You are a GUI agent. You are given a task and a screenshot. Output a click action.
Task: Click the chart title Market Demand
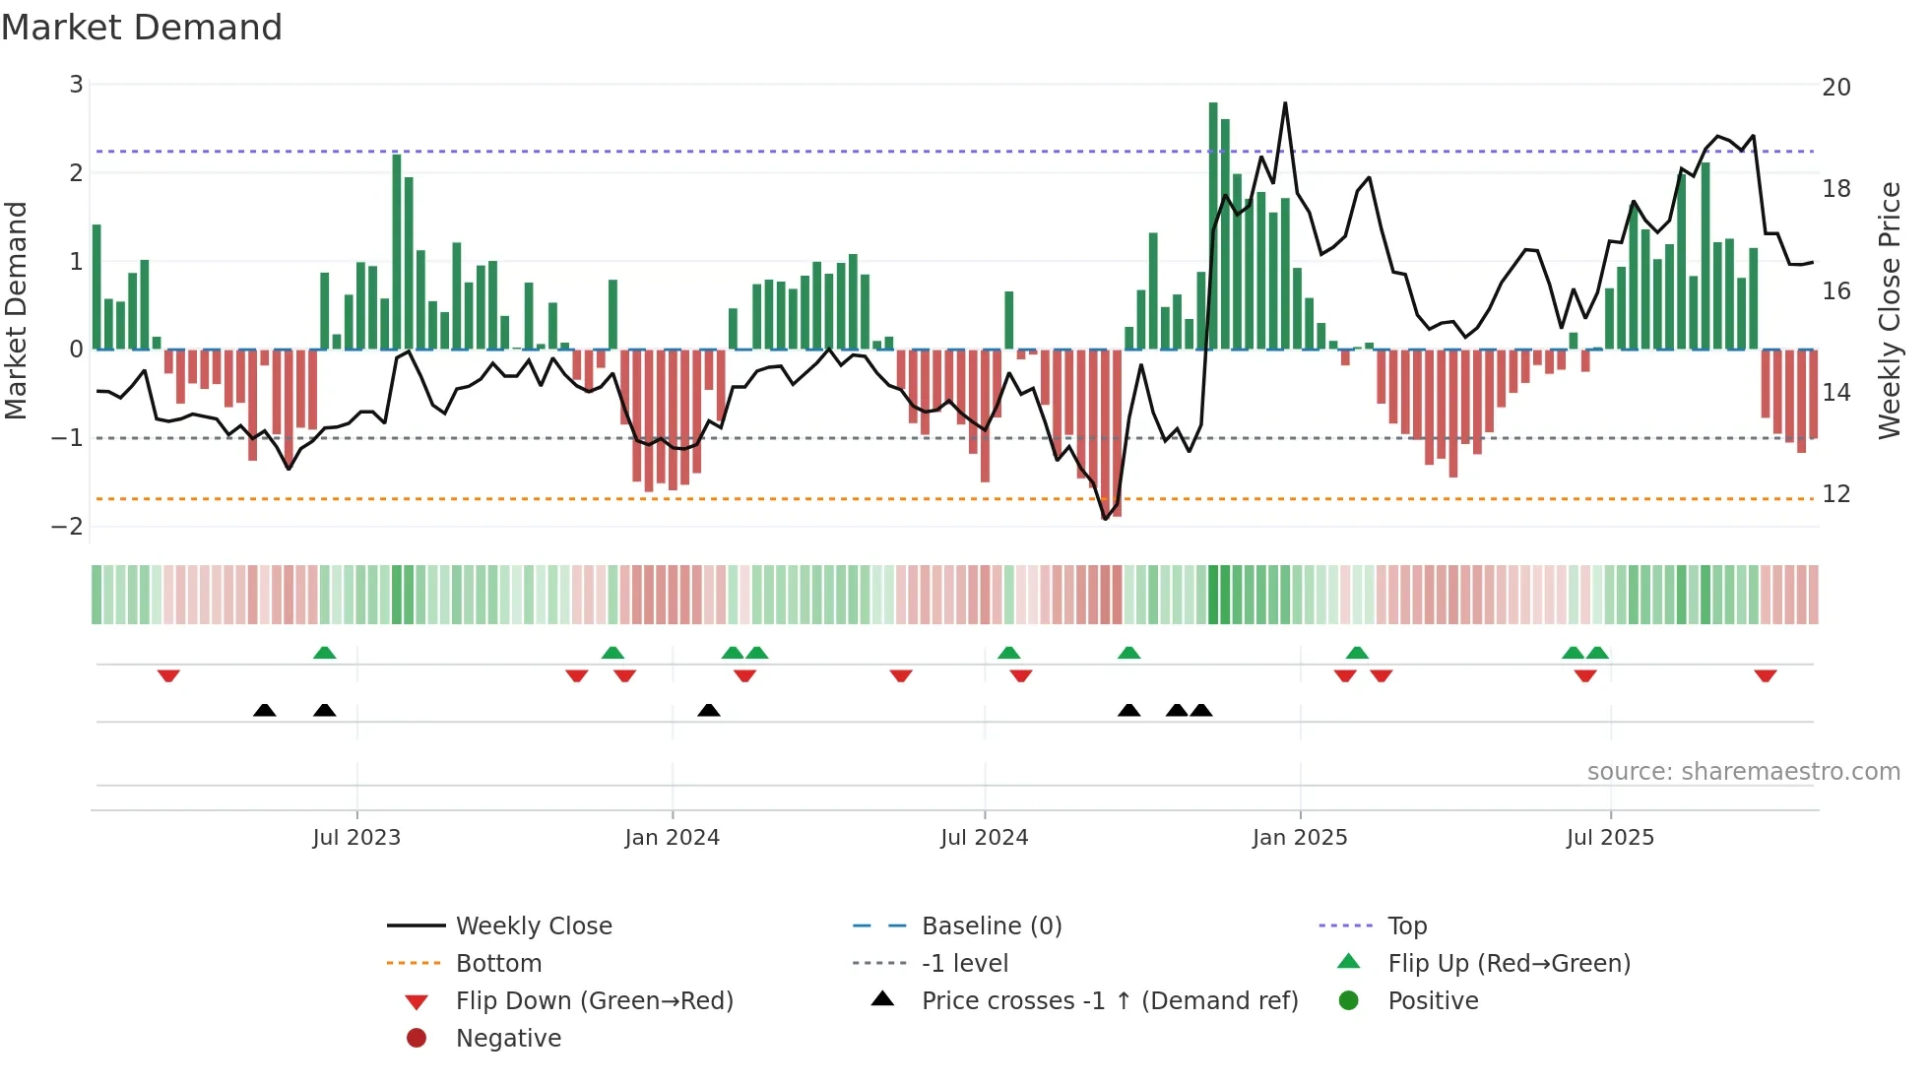click(x=142, y=28)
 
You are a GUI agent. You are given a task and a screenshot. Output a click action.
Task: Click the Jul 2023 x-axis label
click(x=356, y=838)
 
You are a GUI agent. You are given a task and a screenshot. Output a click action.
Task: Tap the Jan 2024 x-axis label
click(x=672, y=838)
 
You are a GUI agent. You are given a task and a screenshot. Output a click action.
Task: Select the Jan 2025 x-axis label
click(x=1299, y=838)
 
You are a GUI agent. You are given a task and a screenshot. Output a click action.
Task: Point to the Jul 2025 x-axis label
click(x=1610, y=838)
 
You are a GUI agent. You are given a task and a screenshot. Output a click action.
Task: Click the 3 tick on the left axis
click(x=76, y=85)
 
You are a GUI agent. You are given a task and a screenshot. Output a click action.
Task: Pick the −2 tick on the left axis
click(x=67, y=527)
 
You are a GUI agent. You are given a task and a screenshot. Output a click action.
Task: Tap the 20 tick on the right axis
click(x=1835, y=88)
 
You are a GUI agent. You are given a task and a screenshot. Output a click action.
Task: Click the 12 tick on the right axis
click(x=1835, y=494)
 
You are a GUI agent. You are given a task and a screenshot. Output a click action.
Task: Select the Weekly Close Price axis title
click(x=1889, y=310)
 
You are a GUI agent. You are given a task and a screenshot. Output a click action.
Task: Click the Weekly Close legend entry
click(x=533, y=926)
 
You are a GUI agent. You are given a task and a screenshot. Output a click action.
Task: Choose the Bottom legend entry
click(x=498, y=964)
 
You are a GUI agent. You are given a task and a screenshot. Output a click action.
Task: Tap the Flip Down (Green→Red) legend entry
click(x=594, y=1001)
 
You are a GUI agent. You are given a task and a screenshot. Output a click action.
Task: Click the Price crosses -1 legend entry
click(x=1109, y=1001)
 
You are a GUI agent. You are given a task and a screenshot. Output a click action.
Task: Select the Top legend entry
click(x=1406, y=926)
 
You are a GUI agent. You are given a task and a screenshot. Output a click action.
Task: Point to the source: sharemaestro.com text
click(x=1743, y=772)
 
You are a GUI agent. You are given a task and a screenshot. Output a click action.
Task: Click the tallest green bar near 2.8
click(x=1213, y=226)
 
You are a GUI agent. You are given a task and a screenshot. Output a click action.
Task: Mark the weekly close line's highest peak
click(x=1285, y=103)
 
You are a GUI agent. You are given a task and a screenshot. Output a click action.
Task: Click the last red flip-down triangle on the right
click(x=1765, y=675)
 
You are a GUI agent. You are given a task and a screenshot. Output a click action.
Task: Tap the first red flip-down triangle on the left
click(x=168, y=675)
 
